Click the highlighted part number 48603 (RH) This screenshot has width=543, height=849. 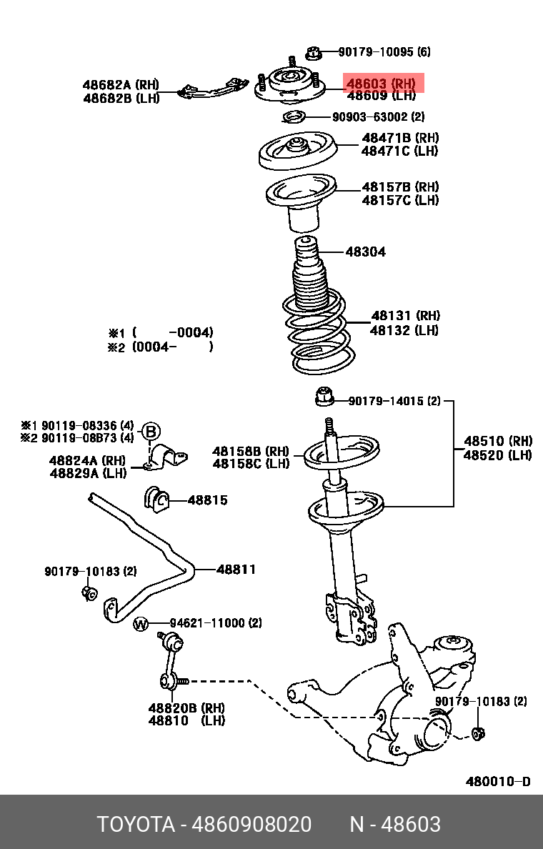click(x=381, y=84)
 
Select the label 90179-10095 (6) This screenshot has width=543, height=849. click(x=384, y=52)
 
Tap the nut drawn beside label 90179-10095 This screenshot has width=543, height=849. click(x=312, y=52)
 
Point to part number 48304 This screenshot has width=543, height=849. click(x=365, y=252)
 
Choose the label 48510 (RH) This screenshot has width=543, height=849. click(x=497, y=441)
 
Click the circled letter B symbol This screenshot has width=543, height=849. click(x=151, y=431)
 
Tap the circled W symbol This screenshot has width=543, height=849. click(x=141, y=624)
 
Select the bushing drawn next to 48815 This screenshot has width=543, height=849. click(x=156, y=500)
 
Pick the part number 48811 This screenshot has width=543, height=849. click(x=236, y=570)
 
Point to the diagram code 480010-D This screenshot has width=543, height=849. click(x=498, y=781)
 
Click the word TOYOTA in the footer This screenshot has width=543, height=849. click(x=136, y=825)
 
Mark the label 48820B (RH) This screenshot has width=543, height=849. click(x=186, y=707)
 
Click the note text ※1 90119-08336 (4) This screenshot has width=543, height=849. click(x=77, y=424)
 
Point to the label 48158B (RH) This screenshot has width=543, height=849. click(x=251, y=451)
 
